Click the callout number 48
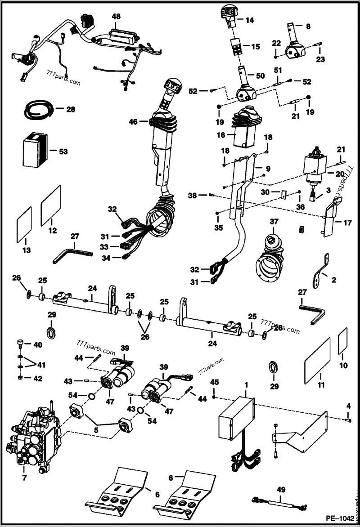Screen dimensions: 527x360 116,16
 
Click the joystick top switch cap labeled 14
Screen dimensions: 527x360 228,14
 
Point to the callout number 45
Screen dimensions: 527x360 214,382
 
